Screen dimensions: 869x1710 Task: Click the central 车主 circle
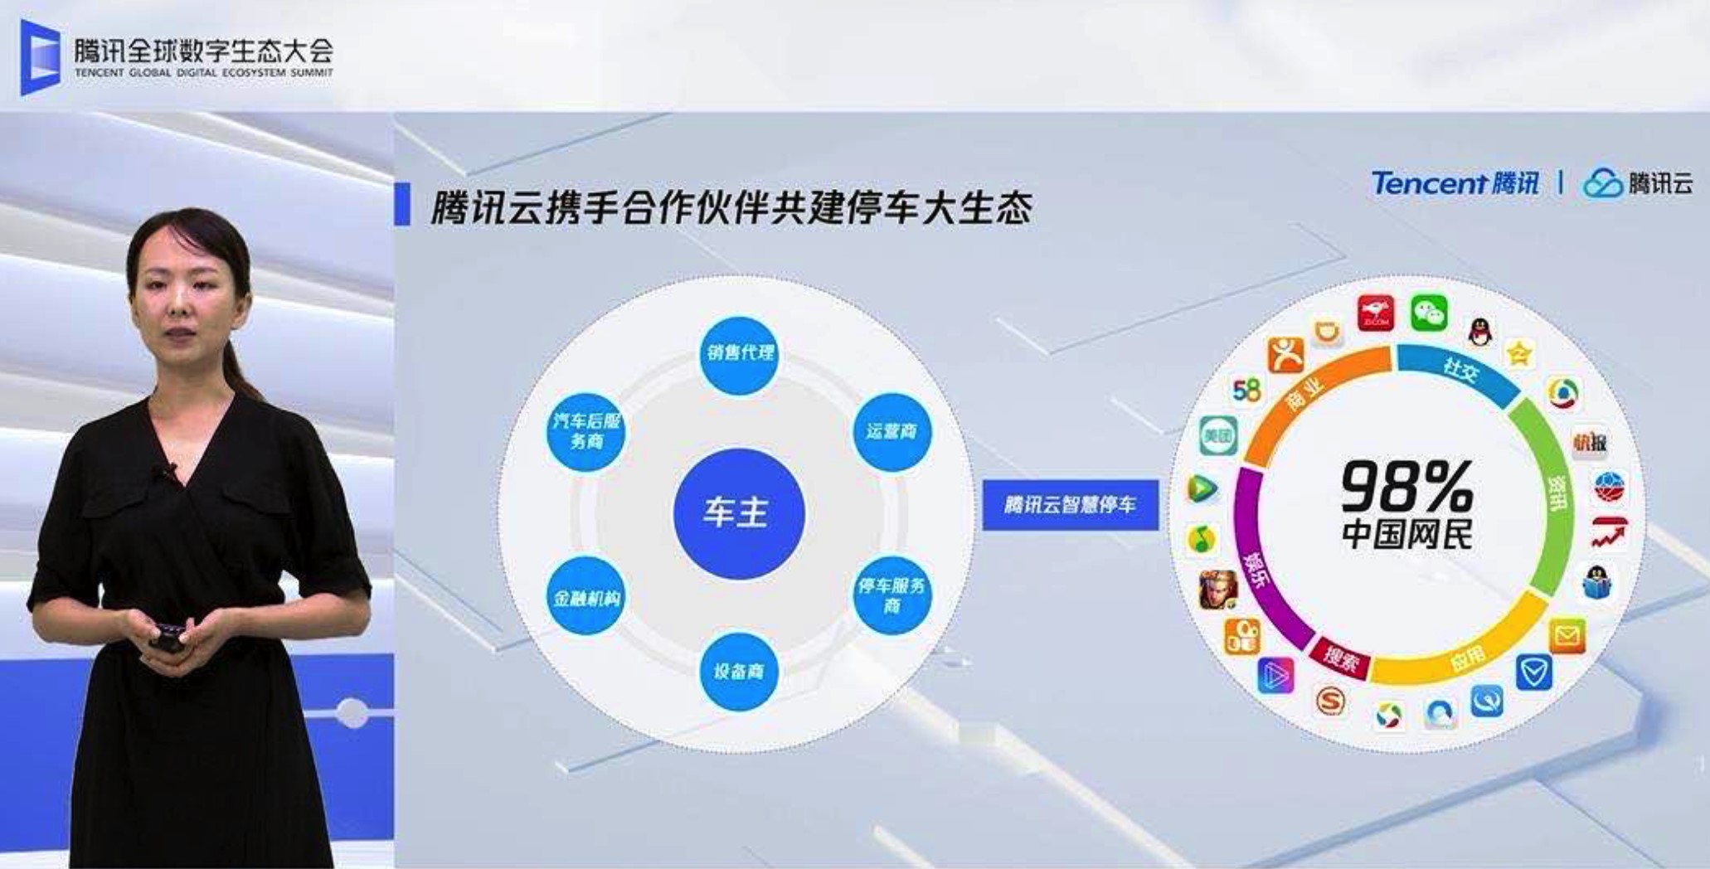coord(738,512)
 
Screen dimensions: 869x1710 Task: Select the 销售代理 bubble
coord(739,354)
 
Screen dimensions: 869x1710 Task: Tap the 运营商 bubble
coord(891,432)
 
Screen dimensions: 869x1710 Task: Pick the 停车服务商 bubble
coord(891,595)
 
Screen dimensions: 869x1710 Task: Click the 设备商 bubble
coord(739,671)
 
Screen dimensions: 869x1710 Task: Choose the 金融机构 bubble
coord(586,597)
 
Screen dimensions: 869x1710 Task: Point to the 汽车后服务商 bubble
coord(586,431)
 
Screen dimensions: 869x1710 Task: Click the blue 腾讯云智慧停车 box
coord(1070,505)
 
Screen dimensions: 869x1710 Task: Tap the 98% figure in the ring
coord(1406,487)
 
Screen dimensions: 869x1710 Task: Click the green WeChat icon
coord(1428,313)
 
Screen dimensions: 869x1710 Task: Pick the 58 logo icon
coord(1246,390)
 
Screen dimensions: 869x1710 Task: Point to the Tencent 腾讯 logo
coord(1455,183)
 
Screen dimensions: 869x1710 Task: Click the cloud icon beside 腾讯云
coord(1602,183)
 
